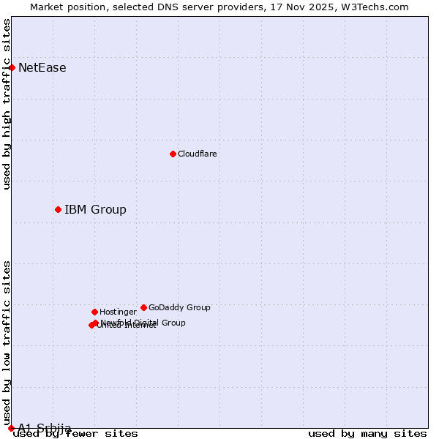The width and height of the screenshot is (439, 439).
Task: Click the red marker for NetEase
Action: pos(12,67)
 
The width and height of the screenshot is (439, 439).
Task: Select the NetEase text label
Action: pos(42,68)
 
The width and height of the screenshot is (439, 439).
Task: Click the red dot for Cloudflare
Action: pos(173,154)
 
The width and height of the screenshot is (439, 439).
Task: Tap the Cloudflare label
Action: pos(197,154)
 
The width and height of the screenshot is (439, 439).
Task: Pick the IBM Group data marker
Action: pos(58,209)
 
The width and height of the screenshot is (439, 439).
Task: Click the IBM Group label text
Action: pos(95,210)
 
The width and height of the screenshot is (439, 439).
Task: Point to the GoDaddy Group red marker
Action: pos(143,307)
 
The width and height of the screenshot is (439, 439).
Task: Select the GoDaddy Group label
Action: pos(179,308)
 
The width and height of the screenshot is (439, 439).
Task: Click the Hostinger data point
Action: pos(94,312)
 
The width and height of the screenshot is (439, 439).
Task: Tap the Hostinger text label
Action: pos(118,312)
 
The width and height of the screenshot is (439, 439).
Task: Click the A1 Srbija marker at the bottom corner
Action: pos(11,428)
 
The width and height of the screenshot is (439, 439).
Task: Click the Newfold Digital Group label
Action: pos(143,323)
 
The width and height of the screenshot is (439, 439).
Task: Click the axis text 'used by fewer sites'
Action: pos(75,434)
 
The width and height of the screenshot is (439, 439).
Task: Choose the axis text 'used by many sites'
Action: pos(367,434)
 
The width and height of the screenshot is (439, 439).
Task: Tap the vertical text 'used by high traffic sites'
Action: pos(7,104)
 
